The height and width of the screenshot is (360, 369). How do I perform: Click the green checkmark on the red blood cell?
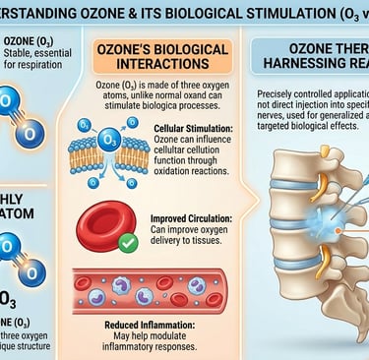126,241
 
